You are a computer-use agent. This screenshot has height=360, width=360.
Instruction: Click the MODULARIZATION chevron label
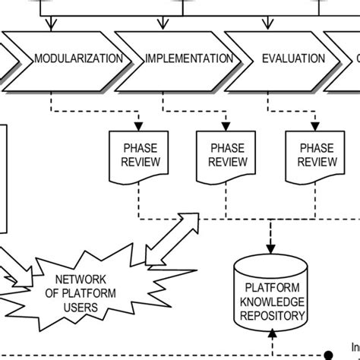click(77, 58)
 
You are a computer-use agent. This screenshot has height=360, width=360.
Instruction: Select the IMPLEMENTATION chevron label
click(189, 58)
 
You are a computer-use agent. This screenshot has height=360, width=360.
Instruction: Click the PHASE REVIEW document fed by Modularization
click(138, 153)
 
